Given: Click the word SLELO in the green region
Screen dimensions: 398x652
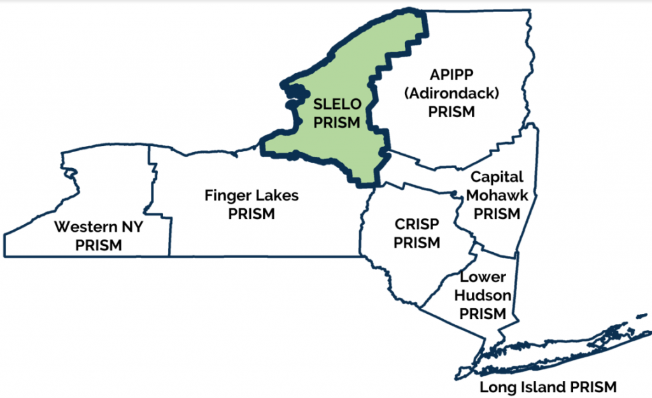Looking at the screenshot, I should tap(337, 104).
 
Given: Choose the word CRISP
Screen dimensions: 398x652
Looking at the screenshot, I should tap(417, 224).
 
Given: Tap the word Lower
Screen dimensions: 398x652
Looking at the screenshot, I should tap(483, 277).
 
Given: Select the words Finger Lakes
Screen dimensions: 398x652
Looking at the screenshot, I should tap(251, 195).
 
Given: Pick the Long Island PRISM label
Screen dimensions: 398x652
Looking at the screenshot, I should tap(548, 387).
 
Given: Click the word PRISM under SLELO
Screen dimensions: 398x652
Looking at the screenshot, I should tap(337, 122).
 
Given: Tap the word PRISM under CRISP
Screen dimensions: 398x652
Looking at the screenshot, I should tap(417, 243).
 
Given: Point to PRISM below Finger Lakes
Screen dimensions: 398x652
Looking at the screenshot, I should tap(252, 213).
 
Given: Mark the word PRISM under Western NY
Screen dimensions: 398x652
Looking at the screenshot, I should tap(98, 245).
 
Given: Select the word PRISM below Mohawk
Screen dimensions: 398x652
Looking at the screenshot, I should tap(497, 213).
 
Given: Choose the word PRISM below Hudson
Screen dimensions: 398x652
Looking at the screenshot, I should tap(483, 313).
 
